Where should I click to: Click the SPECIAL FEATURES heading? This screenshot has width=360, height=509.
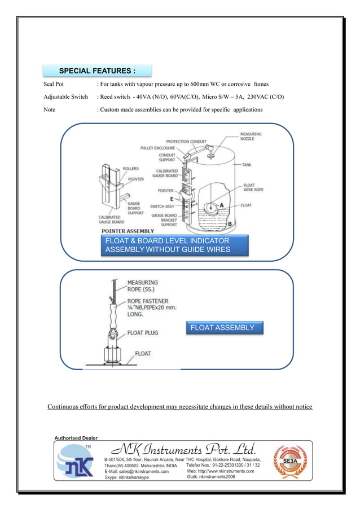pos(97,71)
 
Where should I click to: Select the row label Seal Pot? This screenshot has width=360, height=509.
pos(55,84)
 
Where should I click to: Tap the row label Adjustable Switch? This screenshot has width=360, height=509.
pos(65,96)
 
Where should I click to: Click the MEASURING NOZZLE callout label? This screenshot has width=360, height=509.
pos(251,136)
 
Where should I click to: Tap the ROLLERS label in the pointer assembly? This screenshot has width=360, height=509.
pos(131,168)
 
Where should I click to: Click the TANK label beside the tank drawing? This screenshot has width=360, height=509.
pos(247,165)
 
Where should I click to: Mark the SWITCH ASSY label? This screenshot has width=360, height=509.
pos(163,207)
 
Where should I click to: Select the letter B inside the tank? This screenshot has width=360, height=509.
pos(229,224)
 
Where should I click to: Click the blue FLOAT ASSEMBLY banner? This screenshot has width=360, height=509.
pos(222,328)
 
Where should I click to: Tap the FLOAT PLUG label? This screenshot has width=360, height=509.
pos(142,333)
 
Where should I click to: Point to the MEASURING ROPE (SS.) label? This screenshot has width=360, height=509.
pos(142,286)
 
